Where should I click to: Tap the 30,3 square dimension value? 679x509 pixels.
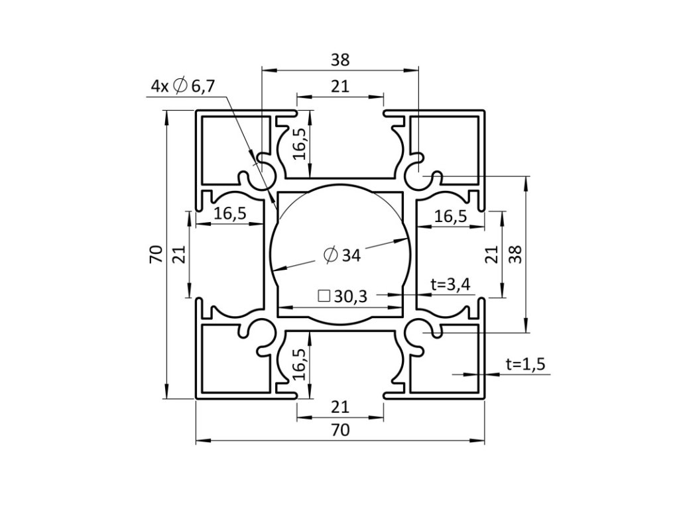(351, 297)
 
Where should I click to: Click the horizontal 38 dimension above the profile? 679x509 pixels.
(340, 60)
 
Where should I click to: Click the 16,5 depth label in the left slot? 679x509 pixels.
(230, 214)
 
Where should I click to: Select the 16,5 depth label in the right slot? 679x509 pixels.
(450, 215)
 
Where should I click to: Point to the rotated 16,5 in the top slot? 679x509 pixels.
(300, 144)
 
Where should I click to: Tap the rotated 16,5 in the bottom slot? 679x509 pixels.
(300, 364)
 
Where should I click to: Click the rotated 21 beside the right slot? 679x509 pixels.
(491, 254)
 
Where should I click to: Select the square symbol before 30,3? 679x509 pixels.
(324, 296)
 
